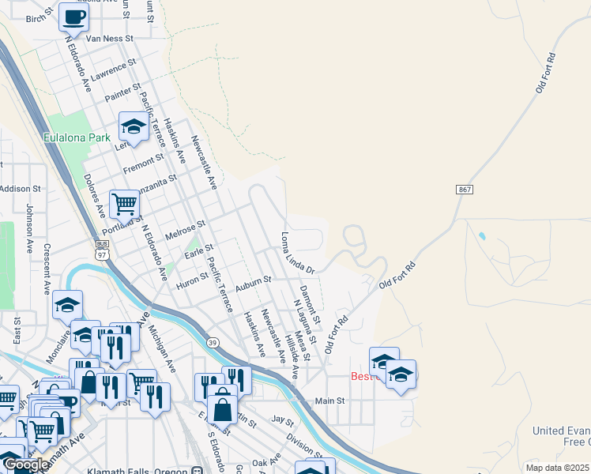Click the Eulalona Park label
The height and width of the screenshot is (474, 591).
(77, 137)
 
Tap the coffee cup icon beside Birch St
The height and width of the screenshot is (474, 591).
(73, 17)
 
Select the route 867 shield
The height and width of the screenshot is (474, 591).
(464, 190)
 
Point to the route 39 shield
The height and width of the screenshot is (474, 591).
(213, 342)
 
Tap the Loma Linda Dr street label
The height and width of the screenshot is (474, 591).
(299, 253)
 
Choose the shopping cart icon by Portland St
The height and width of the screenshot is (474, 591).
(124, 205)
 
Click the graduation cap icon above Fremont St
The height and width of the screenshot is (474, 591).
(134, 126)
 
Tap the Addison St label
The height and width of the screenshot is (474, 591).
(20, 189)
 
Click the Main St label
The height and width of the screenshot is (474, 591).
(331, 401)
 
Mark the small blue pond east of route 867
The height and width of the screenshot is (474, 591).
(481, 235)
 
